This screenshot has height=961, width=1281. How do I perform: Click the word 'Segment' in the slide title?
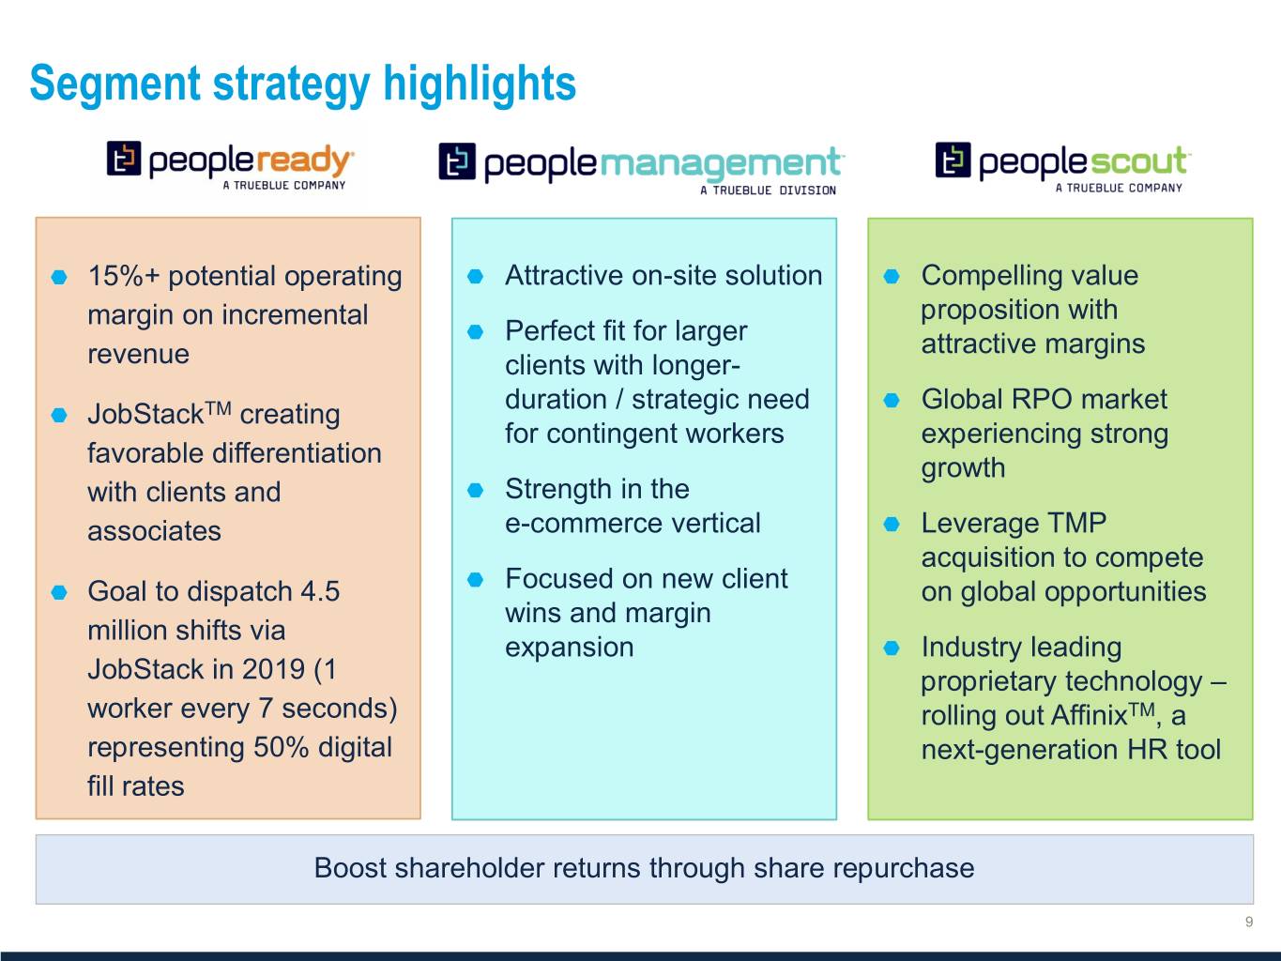click(115, 84)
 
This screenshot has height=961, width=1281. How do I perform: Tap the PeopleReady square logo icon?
click(124, 158)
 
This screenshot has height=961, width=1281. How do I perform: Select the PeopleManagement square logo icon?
click(457, 161)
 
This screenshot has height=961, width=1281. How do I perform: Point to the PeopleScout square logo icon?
click(953, 160)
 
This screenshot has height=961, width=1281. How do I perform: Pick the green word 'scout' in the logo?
click(1138, 160)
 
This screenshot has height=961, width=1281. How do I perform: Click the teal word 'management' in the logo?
click(720, 163)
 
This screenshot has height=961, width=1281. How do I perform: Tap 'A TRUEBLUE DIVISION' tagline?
click(768, 191)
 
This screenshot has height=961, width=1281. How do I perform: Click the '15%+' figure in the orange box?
click(124, 276)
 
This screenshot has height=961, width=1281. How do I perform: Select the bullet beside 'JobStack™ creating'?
click(59, 416)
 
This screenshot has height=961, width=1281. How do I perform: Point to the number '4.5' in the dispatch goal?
click(320, 591)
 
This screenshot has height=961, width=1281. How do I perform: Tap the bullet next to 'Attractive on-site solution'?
click(476, 276)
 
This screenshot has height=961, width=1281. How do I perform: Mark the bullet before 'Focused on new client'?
click(476, 579)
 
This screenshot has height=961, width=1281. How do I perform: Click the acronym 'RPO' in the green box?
click(1042, 400)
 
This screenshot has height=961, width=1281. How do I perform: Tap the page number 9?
click(1249, 922)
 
